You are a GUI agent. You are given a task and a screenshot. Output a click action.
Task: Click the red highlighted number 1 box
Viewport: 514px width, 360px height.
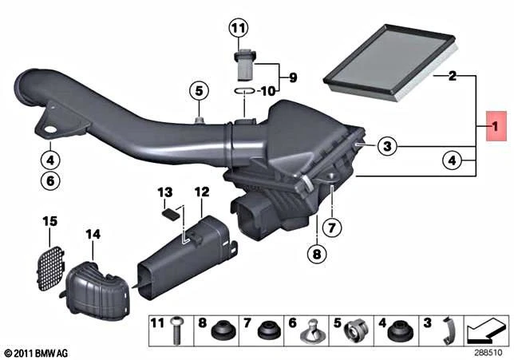coord(496,126)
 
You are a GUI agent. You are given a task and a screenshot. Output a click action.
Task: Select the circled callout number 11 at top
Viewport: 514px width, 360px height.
coord(239,29)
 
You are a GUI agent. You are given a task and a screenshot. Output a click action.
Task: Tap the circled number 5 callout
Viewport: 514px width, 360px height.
coord(200,91)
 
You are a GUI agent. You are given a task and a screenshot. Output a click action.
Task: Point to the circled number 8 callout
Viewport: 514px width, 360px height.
coord(317,254)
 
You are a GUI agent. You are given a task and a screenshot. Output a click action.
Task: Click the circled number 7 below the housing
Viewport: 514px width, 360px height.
coord(331,227)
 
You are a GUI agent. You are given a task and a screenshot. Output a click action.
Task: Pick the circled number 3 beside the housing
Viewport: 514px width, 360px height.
coord(387,146)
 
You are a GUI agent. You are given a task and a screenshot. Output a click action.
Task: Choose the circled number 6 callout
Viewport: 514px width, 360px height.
coord(50,180)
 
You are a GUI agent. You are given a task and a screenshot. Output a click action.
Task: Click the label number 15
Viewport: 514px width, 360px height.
coord(49,221)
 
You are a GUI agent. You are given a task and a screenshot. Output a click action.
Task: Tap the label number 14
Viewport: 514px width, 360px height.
coord(93,235)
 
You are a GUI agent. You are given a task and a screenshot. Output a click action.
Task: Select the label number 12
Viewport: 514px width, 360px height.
coord(202,192)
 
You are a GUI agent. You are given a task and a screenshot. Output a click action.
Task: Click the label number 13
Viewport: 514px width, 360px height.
coord(165,192)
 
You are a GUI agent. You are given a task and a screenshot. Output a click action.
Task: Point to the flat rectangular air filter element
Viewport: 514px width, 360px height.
coord(390,61)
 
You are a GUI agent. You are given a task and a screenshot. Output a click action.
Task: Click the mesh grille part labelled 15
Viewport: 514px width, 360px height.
coord(49,268)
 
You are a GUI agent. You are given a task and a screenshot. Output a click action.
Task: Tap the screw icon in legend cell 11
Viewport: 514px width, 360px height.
coord(176,330)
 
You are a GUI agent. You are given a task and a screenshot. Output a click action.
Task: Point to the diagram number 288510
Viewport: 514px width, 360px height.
coord(488,353)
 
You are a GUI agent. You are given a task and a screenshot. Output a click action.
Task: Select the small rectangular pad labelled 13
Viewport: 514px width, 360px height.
coord(171,215)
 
